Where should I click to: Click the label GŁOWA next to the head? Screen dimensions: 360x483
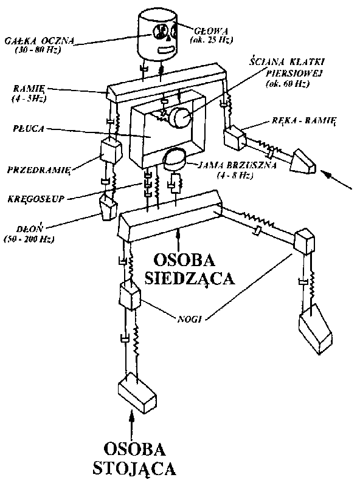pos(211,31)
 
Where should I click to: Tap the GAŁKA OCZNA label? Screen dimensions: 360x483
pos(40,41)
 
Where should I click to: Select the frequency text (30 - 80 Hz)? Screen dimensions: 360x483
pos(38,50)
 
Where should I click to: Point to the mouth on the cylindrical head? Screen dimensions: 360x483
pos(167,49)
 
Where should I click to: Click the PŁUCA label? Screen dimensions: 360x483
pos(29,128)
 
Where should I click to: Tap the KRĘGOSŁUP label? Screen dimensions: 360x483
pos(36,199)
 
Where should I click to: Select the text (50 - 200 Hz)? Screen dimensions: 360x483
pos(29,239)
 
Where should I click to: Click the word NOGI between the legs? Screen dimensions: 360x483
pos(190,319)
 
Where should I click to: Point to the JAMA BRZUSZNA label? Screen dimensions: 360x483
pos(237,165)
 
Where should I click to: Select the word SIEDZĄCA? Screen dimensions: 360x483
pos(190,279)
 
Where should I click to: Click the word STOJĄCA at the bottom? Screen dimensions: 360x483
pos(134,468)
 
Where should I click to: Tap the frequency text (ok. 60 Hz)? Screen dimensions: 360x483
pos(288,83)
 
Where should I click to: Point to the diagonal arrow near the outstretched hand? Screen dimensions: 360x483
pos(336,179)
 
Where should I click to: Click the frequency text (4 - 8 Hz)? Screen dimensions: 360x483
pos(235,176)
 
